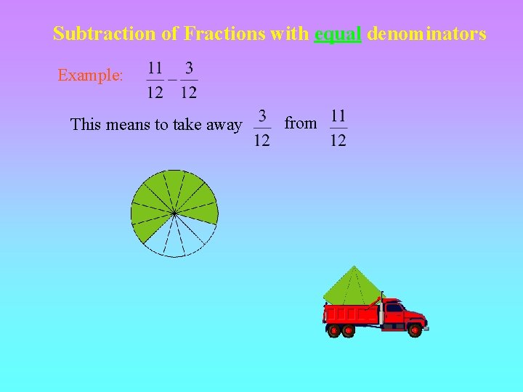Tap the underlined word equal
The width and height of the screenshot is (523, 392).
click(x=338, y=33)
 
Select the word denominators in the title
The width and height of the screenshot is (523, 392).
click(x=427, y=33)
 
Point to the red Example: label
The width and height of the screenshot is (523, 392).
click(x=90, y=75)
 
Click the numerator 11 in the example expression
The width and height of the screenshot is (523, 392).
click(x=155, y=68)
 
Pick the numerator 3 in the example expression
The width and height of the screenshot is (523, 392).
click(x=189, y=68)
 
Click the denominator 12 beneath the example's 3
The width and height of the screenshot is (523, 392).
click(x=189, y=92)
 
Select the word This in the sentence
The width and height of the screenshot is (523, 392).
click(x=86, y=125)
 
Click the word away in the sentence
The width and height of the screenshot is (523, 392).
click(x=224, y=125)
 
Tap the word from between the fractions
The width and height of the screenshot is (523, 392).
click(x=301, y=123)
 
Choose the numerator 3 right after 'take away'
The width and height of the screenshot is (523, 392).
click(x=261, y=115)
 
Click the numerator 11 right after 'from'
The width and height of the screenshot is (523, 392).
click(x=338, y=115)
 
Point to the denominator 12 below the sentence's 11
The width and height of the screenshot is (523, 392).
click(x=338, y=140)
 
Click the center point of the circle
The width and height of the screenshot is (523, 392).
click(x=174, y=213)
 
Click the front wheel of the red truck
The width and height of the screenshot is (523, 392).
click(x=415, y=330)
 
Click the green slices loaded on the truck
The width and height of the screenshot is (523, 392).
click(x=352, y=287)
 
